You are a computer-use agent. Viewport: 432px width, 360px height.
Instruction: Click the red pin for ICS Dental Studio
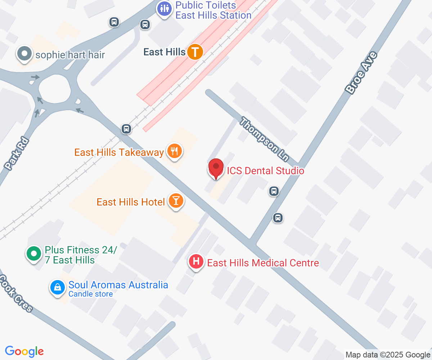click(x=216, y=168)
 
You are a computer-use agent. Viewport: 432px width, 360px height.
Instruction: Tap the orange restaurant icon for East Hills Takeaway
click(x=175, y=151)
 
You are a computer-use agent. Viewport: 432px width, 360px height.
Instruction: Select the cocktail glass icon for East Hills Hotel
click(x=176, y=201)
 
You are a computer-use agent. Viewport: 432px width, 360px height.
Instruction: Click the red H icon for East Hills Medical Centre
click(x=196, y=262)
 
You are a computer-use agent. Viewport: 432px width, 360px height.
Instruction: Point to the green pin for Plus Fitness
click(x=34, y=254)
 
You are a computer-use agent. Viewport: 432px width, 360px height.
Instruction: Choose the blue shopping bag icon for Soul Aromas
click(x=57, y=287)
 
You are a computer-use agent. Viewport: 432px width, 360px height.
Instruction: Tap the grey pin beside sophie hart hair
click(x=24, y=54)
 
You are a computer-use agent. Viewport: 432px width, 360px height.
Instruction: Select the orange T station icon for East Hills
click(x=195, y=52)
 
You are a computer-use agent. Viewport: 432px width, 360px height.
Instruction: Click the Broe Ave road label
click(x=361, y=73)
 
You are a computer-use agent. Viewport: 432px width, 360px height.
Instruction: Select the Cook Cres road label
click(x=17, y=293)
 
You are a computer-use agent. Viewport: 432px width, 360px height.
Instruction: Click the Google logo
click(x=24, y=351)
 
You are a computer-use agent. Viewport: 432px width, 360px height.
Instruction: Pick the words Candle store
click(x=91, y=294)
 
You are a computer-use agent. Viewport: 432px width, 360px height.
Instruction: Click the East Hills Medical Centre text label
click(x=263, y=263)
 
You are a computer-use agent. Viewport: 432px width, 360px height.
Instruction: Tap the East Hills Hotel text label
click(x=131, y=202)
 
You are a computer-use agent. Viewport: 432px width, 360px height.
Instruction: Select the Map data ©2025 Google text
click(x=388, y=355)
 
